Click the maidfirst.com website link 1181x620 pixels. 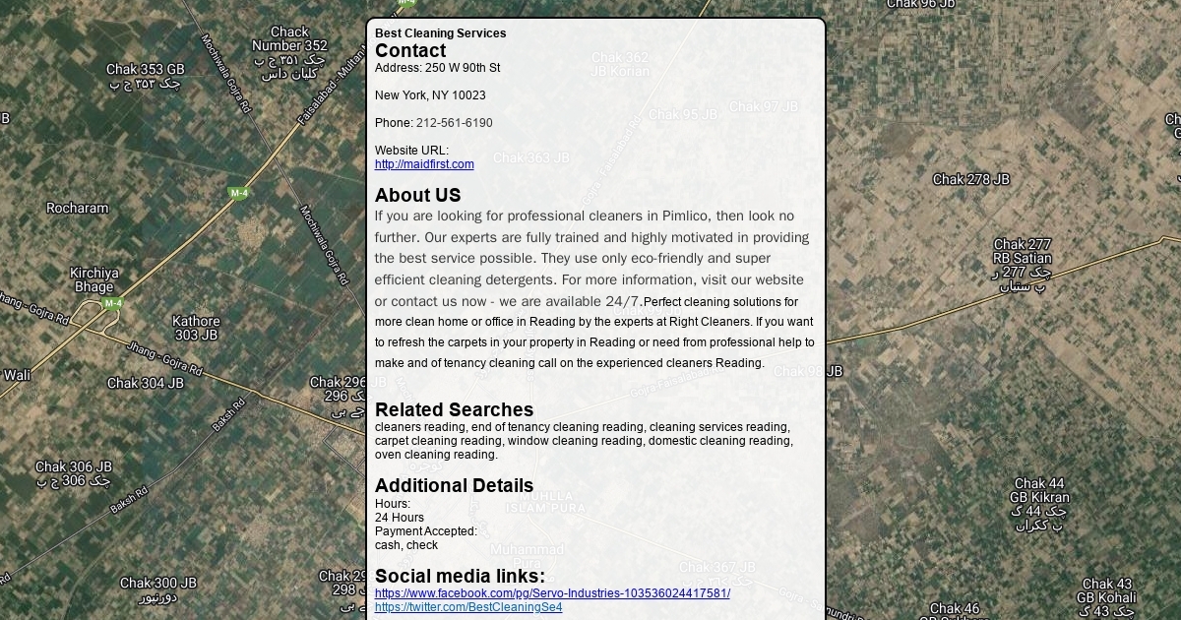424,164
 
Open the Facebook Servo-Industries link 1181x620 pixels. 552,593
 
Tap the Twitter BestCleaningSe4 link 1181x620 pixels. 468,607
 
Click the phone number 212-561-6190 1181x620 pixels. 454,123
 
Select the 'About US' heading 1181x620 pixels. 417,195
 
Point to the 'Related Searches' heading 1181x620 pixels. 454,409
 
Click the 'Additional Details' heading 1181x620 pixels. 454,485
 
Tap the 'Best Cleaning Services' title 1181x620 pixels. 440,33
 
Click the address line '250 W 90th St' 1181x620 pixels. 462,68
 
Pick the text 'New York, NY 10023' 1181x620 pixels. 430,95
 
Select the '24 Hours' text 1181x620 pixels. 400,518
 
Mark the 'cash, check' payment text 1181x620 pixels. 406,545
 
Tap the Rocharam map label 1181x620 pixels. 78,208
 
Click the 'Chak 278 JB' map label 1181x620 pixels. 970,179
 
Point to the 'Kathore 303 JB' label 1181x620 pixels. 196,328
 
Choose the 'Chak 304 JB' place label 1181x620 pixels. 146,383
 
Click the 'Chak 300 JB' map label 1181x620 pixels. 158,584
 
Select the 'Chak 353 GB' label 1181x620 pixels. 146,70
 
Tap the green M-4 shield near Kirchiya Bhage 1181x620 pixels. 113,304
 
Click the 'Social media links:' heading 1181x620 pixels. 460,576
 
